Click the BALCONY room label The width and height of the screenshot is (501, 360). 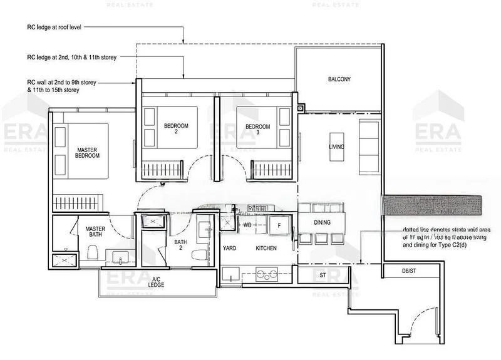[339, 80]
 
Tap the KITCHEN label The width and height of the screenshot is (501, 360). [266, 249]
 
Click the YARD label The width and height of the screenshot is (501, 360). [229, 249]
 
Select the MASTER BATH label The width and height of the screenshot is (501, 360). [95, 233]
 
